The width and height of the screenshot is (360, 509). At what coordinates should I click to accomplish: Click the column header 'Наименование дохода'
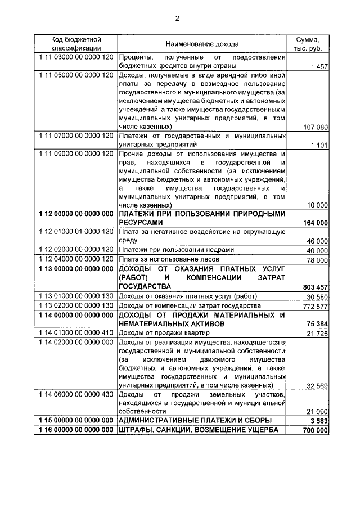(x=202, y=44)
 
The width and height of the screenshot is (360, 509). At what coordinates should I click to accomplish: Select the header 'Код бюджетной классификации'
(x=76, y=44)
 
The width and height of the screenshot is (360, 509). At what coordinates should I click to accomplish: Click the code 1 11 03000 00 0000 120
(x=76, y=57)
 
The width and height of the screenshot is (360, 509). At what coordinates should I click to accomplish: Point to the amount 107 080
(x=315, y=127)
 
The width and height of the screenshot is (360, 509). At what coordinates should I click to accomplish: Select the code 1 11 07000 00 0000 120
(x=76, y=136)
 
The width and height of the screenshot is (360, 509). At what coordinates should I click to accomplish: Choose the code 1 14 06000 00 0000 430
(x=76, y=395)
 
